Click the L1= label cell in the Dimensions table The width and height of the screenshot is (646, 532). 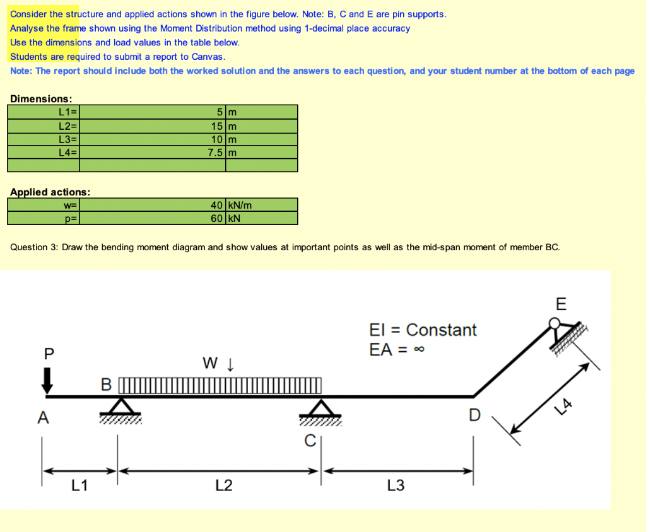[x=67, y=112]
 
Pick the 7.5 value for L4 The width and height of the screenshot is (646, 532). [x=216, y=152]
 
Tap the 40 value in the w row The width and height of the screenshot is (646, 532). [x=217, y=205]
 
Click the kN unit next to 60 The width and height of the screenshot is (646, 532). [x=235, y=218]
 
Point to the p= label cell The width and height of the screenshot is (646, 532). [x=71, y=218]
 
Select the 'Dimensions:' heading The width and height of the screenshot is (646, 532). [x=41, y=99]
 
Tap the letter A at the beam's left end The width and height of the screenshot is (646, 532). [x=42, y=417]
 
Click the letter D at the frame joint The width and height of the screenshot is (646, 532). [x=474, y=415]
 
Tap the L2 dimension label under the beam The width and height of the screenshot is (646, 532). [x=223, y=485]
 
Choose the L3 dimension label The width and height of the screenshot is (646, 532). [x=396, y=485]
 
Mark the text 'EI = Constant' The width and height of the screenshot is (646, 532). [x=423, y=330]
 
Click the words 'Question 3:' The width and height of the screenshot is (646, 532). [x=34, y=247]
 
